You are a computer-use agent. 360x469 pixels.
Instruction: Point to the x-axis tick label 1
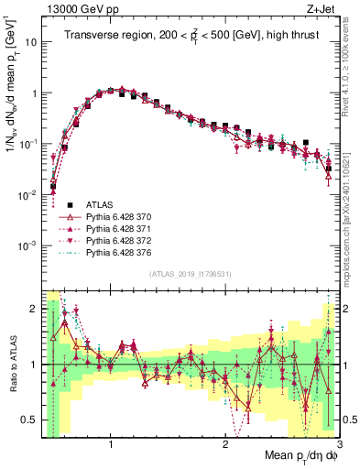111,444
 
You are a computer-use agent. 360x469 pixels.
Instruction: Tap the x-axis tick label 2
225,444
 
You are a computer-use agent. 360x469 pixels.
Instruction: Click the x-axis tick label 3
338,444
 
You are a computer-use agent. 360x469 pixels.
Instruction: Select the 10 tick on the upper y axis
30,43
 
